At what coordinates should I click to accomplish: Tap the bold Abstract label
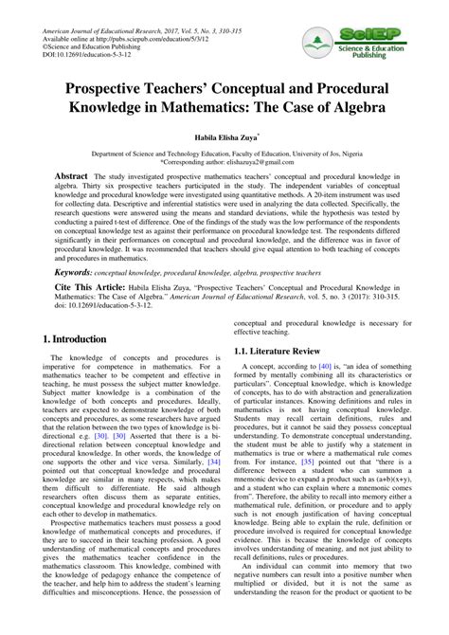pyautogui.click(x=71, y=177)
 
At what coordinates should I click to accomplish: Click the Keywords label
pyautogui.click(x=72, y=271)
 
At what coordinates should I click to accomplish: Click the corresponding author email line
pyautogui.click(x=224, y=162)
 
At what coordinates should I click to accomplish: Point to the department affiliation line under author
pyautogui.click(x=224, y=153)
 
